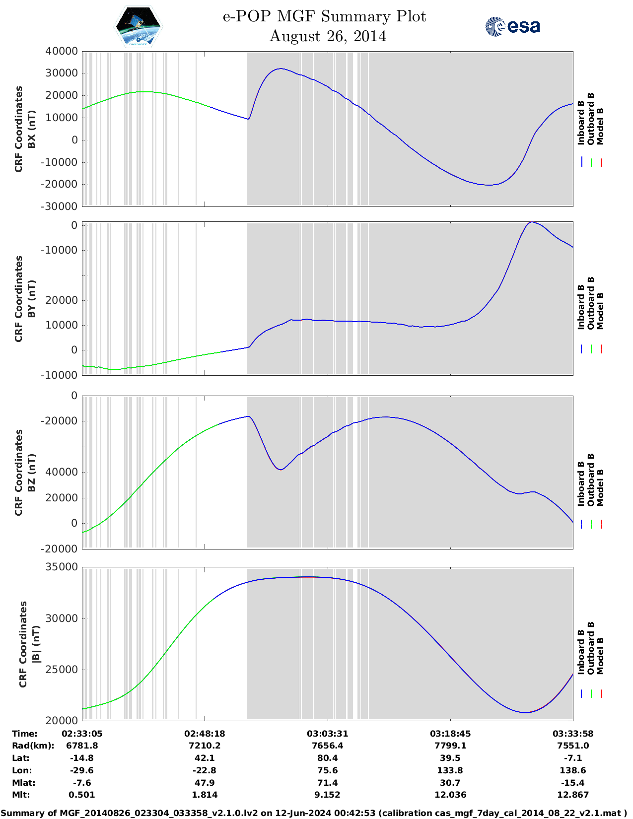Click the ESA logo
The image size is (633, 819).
(x=512, y=26)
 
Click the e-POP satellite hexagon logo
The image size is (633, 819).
(x=139, y=26)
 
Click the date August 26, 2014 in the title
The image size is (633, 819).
(x=328, y=36)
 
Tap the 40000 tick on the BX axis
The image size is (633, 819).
(x=62, y=51)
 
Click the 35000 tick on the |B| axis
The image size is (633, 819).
(x=62, y=567)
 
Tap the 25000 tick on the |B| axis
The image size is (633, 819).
(x=62, y=669)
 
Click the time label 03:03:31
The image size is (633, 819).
(x=327, y=734)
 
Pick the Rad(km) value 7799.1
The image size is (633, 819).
(x=450, y=746)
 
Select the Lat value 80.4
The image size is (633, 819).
(x=327, y=758)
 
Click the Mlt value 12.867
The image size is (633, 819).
(x=572, y=795)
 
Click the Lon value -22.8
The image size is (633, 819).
(x=205, y=770)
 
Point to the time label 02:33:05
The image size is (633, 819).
(x=82, y=734)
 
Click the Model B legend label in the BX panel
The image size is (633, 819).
(x=600, y=127)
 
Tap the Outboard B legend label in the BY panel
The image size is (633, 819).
(x=591, y=303)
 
